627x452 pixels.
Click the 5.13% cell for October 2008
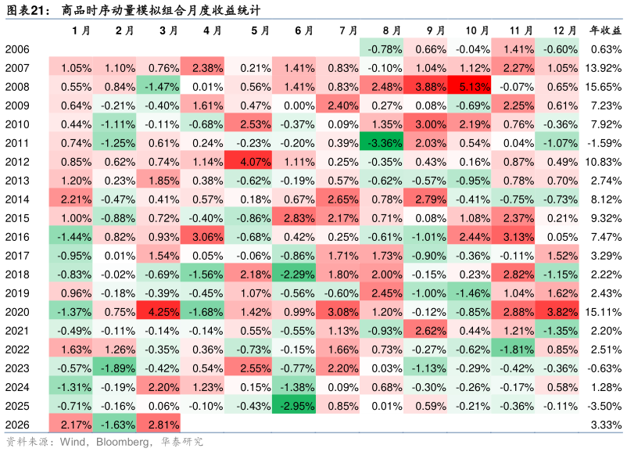pos(469,87)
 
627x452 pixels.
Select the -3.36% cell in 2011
pos(382,143)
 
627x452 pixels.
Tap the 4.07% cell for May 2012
pos(250,162)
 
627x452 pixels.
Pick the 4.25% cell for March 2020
pos(159,312)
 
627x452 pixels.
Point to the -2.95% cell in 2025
pos(294,406)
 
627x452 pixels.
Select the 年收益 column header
pos(605,30)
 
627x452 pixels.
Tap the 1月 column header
pos(81,30)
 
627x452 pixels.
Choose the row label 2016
pos(17,237)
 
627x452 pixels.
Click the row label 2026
pos(17,425)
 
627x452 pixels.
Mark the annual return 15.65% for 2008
pos(603,87)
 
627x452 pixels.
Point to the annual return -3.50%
pos(604,406)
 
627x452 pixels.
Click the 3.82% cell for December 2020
pos(557,312)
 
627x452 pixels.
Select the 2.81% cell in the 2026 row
pos(159,425)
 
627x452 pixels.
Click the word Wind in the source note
pos(72,442)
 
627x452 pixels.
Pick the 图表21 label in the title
pos(25,10)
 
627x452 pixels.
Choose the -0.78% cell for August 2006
pos(382,49)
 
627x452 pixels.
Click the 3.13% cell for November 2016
pos(513,237)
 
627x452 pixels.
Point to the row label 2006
pos(17,49)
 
